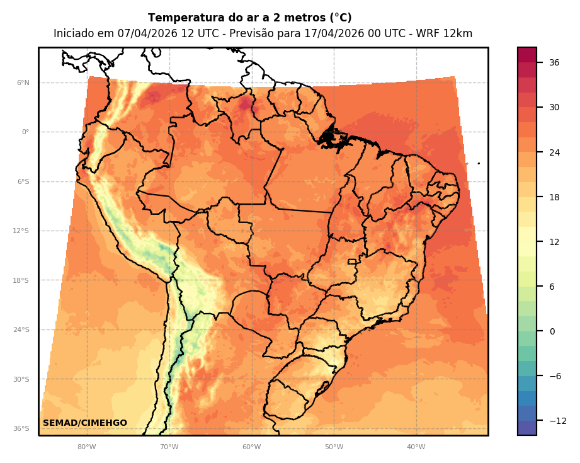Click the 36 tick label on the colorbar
click(x=554, y=62)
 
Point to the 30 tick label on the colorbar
click(x=554, y=107)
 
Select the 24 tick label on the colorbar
click(x=554, y=152)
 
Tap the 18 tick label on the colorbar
click(x=554, y=197)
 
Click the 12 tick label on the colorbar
click(x=554, y=242)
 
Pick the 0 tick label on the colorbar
click(x=552, y=331)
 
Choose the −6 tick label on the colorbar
click(x=554, y=376)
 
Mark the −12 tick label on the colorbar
click(x=557, y=421)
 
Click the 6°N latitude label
click(x=23, y=83)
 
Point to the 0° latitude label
click(x=25, y=132)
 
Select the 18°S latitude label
click(x=21, y=280)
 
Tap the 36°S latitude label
click(x=21, y=429)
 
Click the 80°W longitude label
click(x=87, y=447)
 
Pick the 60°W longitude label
click(x=251, y=447)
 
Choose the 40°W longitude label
click(x=416, y=447)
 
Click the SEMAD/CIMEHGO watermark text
click(x=85, y=423)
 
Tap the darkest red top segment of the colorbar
click(x=527, y=55)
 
